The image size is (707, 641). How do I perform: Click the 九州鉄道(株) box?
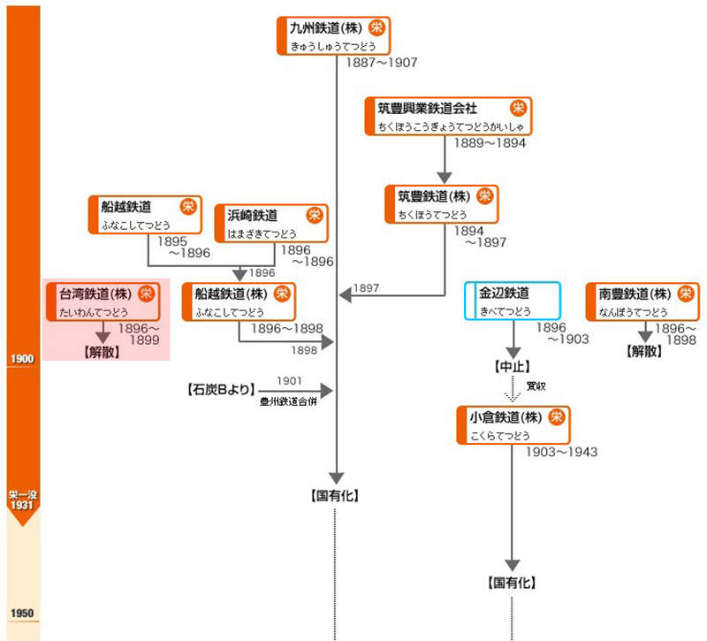coord(332,35)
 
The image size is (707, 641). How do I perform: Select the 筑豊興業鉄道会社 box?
coord(447,116)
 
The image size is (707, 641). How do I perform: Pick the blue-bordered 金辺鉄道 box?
coord(513,301)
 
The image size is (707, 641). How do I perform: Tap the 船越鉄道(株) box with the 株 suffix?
coord(239,301)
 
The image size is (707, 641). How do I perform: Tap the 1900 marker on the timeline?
coord(21,358)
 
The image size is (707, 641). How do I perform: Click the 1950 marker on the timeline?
coord(21,614)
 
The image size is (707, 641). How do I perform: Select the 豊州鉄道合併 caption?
coord(288,401)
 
